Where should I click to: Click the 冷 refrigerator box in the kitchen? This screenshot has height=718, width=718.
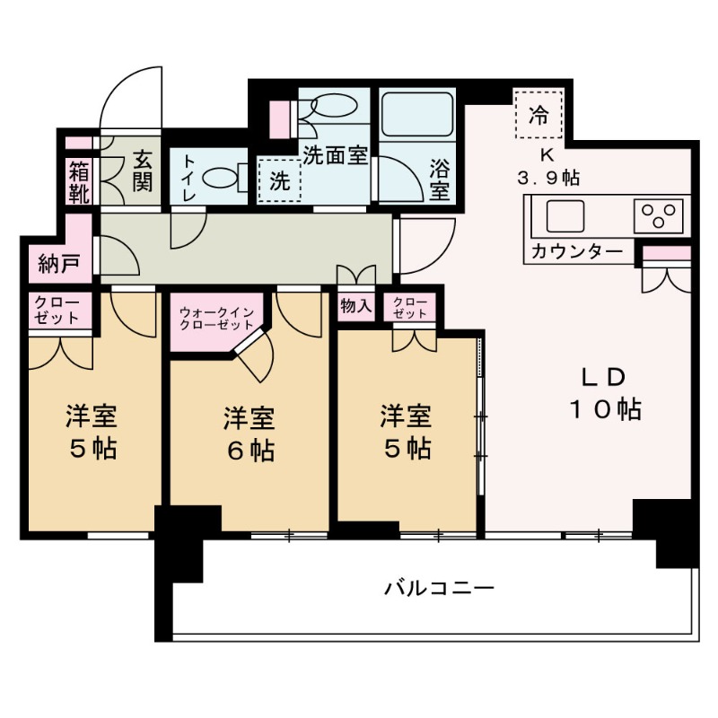coord(538,114)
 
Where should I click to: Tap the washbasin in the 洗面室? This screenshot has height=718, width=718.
coord(332,106)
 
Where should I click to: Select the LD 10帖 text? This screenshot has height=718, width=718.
coord(603,393)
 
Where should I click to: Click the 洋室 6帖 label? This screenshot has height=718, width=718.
coord(249,433)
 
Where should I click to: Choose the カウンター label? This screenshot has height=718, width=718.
coord(576,251)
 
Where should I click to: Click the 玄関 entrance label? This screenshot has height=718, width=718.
coord(142,170)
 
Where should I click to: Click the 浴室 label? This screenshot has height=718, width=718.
coord(439,179)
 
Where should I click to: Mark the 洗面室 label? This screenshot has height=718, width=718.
coord(335,154)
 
